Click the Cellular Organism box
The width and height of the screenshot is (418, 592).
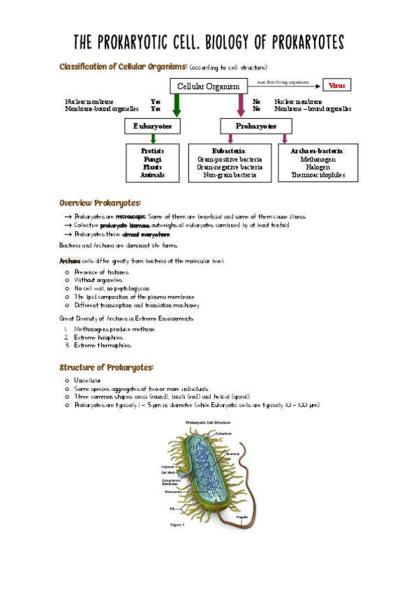coord(208,87)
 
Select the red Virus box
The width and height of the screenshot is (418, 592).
coord(337,85)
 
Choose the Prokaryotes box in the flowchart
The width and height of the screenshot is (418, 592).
coord(256,126)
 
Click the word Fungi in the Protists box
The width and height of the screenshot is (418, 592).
coord(152,159)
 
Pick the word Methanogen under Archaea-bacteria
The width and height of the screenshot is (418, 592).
coord(318,159)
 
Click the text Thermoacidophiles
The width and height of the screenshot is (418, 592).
coord(318,176)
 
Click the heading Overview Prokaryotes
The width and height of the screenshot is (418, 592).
coord(100,202)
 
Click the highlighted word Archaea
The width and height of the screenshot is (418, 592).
coord(71,260)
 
